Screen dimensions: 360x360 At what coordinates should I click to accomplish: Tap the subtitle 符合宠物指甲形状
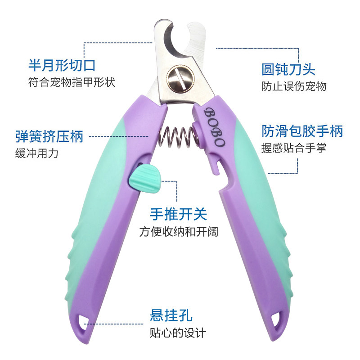click(72, 83)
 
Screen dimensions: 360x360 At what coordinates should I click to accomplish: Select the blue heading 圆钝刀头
click(288, 69)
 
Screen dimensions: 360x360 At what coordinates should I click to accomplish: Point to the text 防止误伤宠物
click(294, 86)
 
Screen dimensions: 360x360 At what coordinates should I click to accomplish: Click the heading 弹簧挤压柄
click(49, 136)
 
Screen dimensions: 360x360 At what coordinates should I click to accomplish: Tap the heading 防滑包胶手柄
click(302, 131)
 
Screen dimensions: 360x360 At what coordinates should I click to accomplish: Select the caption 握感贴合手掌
click(294, 148)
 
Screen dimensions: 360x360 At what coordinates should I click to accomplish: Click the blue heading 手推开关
click(178, 214)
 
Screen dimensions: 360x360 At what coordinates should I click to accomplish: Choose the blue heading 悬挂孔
click(171, 315)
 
